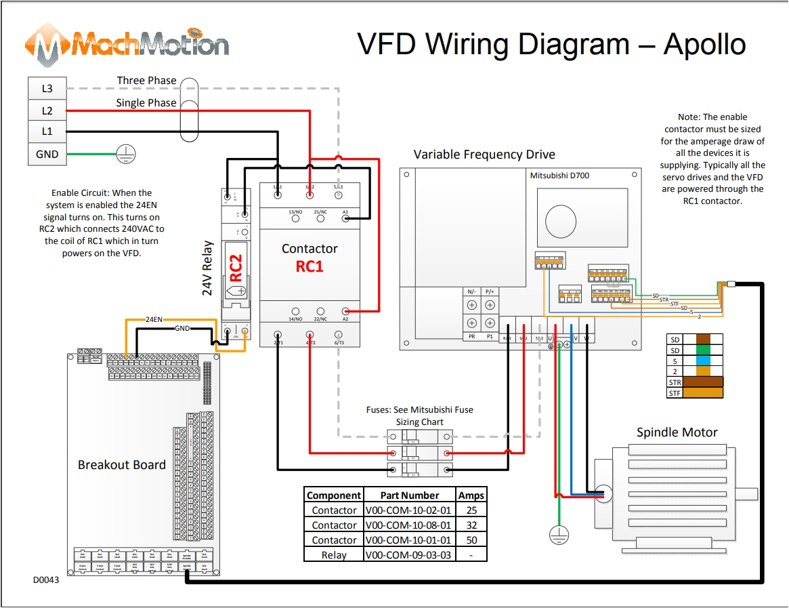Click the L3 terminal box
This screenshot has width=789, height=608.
47,88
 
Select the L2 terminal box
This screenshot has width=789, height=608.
47,110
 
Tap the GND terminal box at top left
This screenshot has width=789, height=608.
47,154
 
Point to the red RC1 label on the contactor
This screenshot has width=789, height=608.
310,266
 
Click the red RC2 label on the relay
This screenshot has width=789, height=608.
236,268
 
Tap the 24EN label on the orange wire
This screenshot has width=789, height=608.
154,319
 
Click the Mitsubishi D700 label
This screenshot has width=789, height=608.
559,176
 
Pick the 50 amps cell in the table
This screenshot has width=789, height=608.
471,540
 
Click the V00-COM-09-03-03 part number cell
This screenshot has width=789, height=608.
409,554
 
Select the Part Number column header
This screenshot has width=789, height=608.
409,495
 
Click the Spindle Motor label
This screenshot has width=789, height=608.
677,432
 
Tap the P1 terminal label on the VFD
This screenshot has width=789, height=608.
490,336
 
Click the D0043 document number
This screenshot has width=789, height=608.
46,580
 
